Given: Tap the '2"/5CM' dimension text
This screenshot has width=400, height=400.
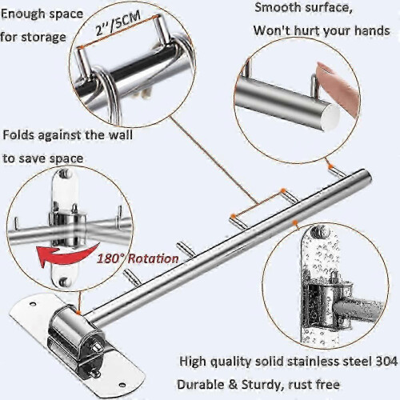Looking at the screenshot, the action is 118,23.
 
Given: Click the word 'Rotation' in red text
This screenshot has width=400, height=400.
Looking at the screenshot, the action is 153,258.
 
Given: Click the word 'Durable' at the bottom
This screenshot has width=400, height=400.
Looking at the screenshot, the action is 198,385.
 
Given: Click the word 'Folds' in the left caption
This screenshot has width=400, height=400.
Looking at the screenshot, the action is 18,135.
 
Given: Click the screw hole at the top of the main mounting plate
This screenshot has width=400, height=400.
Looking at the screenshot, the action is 33,304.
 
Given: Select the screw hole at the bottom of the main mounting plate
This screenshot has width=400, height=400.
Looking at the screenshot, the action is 122,385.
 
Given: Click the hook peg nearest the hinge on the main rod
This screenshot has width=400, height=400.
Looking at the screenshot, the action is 130,277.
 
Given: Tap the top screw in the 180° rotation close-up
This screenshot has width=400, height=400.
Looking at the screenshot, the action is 64,174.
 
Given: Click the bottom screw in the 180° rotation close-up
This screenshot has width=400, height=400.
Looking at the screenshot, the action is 64,281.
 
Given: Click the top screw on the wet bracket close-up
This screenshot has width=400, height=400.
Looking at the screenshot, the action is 318,231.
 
